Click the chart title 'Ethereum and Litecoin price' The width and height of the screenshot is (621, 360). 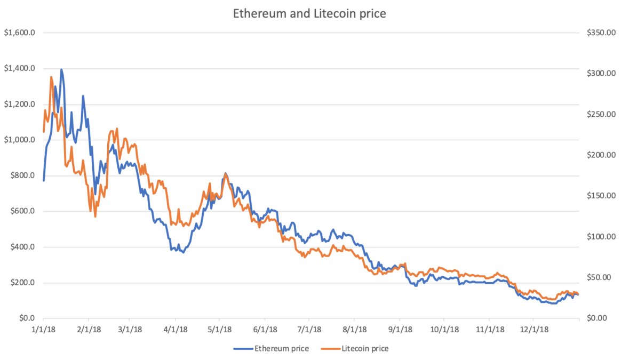[309, 13]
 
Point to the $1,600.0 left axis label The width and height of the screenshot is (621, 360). [20, 33]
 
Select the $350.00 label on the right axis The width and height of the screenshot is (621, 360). [601, 33]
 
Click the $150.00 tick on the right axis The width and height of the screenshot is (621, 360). [601, 196]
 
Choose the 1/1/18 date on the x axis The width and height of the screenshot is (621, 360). [44, 330]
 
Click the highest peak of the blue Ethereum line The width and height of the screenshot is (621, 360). [61, 69]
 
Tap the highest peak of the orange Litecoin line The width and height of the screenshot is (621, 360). [51, 77]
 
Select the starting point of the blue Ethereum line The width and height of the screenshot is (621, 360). [44, 180]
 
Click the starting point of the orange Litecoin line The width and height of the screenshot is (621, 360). [44, 132]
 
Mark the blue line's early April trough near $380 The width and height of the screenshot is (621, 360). [183, 252]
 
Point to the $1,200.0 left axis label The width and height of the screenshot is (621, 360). [20, 104]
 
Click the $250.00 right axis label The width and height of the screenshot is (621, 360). [601, 114]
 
